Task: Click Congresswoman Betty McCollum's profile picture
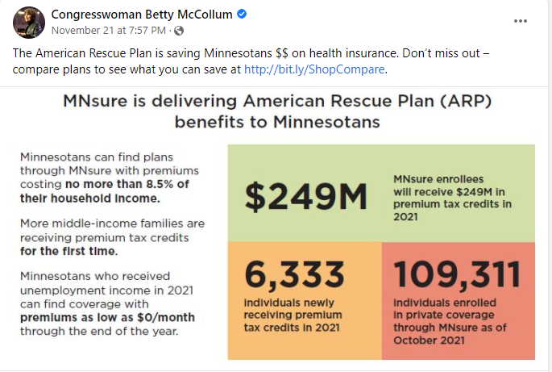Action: point(28,22)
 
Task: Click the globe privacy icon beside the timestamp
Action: point(179,31)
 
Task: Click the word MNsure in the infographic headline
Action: point(102,102)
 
